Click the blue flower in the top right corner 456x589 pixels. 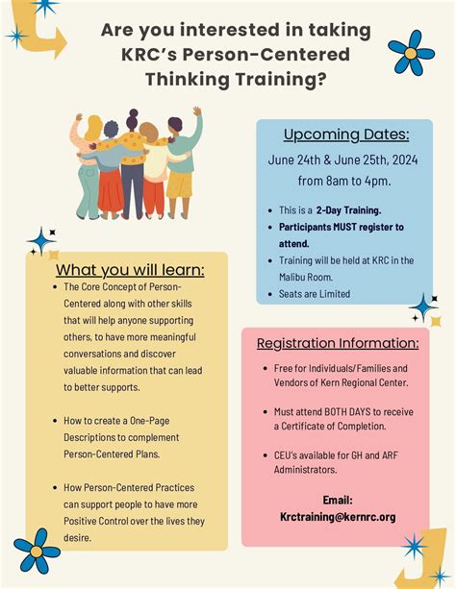pyautogui.click(x=411, y=53)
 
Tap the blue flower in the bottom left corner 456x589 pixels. pyautogui.click(x=37, y=552)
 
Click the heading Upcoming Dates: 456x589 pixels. pyautogui.click(x=346, y=135)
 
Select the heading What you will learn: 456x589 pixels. pyautogui.click(x=130, y=270)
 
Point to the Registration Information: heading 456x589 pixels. pyautogui.click(x=338, y=343)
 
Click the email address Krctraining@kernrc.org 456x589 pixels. pyautogui.click(x=338, y=517)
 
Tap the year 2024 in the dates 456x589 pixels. pyautogui.click(x=405, y=160)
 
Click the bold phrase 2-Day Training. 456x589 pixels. pyautogui.click(x=348, y=210)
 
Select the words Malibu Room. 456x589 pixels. pyautogui.click(x=306, y=278)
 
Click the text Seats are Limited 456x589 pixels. pyautogui.click(x=315, y=294)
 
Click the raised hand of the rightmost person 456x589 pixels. pyautogui.click(x=197, y=110)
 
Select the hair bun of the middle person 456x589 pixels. pyautogui.click(x=133, y=112)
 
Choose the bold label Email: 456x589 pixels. pyautogui.click(x=338, y=500)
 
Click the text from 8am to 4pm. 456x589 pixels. pyautogui.click(x=344, y=181)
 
